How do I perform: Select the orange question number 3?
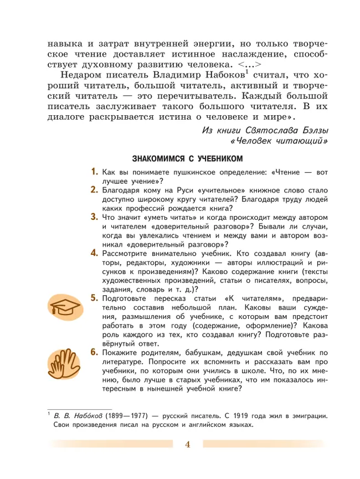pyautogui.click(x=95, y=217)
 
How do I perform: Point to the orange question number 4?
pyautogui.click(x=95, y=253)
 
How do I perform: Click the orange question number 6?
pyautogui.click(x=95, y=353)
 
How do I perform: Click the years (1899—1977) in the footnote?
pyautogui.click(x=129, y=415)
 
